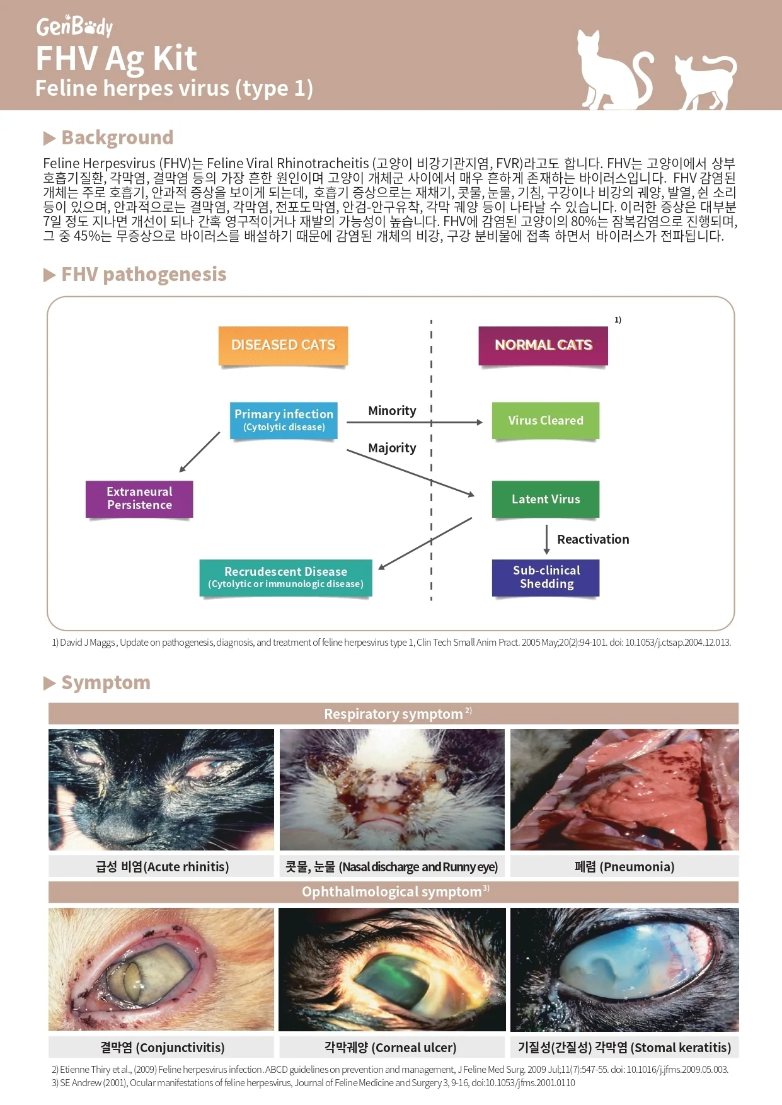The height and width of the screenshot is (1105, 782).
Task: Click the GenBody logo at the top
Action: [x=74, y=26]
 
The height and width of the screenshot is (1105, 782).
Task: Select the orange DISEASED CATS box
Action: [x=283, y=345]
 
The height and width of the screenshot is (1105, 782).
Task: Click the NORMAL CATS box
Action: [x=543, y=345]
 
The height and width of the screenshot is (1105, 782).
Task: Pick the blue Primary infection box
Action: [x=284, y=420]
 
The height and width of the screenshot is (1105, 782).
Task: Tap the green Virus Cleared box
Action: [x=546, y=420]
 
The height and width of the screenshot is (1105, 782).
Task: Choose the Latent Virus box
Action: [x=546, y=499]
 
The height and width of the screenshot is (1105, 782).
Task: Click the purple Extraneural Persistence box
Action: [x=139, y=499]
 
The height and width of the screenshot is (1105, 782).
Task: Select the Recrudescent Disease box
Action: [x=286, y=578]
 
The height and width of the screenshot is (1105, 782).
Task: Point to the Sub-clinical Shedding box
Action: [x=546, y=578]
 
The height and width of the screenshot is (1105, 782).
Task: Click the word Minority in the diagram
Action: [x=392, y=411]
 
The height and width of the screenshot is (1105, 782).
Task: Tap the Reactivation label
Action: [x=593, y=539]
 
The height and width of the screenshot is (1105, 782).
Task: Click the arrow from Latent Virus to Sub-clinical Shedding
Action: [x=546, y=539]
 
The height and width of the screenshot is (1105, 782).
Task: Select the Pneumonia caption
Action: [x=624, y=866]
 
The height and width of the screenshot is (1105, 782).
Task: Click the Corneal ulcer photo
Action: [x=392, y=969]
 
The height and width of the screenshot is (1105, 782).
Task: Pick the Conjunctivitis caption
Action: [x=162, y=1047]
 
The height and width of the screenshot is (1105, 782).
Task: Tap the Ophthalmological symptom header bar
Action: [x=394, y=892]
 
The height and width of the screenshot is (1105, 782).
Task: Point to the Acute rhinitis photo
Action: [x=161, y=789]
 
